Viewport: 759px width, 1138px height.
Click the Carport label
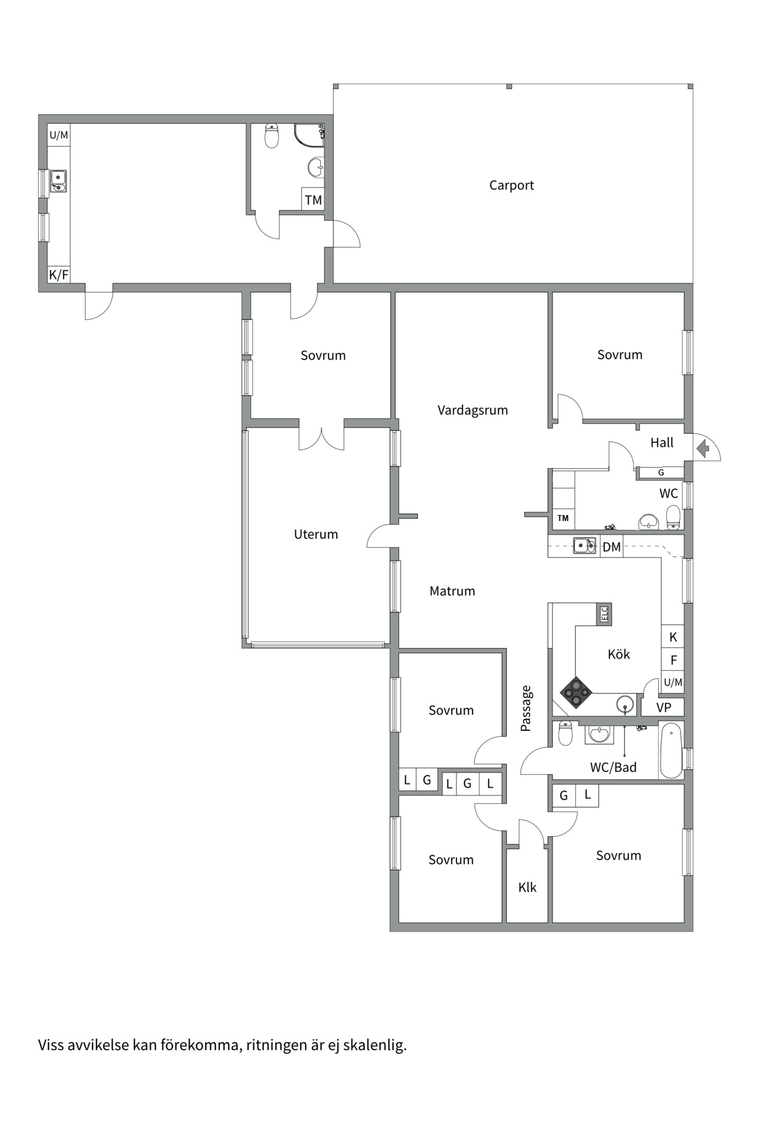click(x=511, y=186)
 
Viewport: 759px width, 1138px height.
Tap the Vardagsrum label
click(x=473, y=410)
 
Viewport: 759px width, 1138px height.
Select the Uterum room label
click(x=316, y=534)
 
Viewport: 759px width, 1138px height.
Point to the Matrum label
click(x=452, y=591)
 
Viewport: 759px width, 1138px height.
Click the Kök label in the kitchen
click(x=618, y=654)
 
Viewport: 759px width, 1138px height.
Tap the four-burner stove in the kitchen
click(x=576, y=692)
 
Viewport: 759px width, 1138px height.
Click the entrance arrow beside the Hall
click(x=703, y=449)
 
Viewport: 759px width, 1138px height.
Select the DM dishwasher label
click(x=611, y=547)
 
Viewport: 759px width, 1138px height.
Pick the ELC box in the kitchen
click(x=604, y=614)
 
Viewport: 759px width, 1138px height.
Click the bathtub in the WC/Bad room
click(x=671, y=750)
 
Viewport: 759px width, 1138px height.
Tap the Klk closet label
click(x=527, y=887)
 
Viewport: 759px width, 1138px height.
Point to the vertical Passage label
click(x=526, y=708)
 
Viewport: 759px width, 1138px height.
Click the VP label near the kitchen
click(x=664, y=707)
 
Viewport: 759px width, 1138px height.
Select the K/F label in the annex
click(x=59, y=275)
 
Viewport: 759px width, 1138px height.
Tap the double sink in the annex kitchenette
click(x=58, y=181)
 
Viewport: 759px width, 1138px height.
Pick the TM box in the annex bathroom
click(x=313, y=200)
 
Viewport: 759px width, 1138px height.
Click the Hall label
click(x=662, y=443)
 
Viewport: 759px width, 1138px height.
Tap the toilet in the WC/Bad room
click(x=566, y=733)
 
